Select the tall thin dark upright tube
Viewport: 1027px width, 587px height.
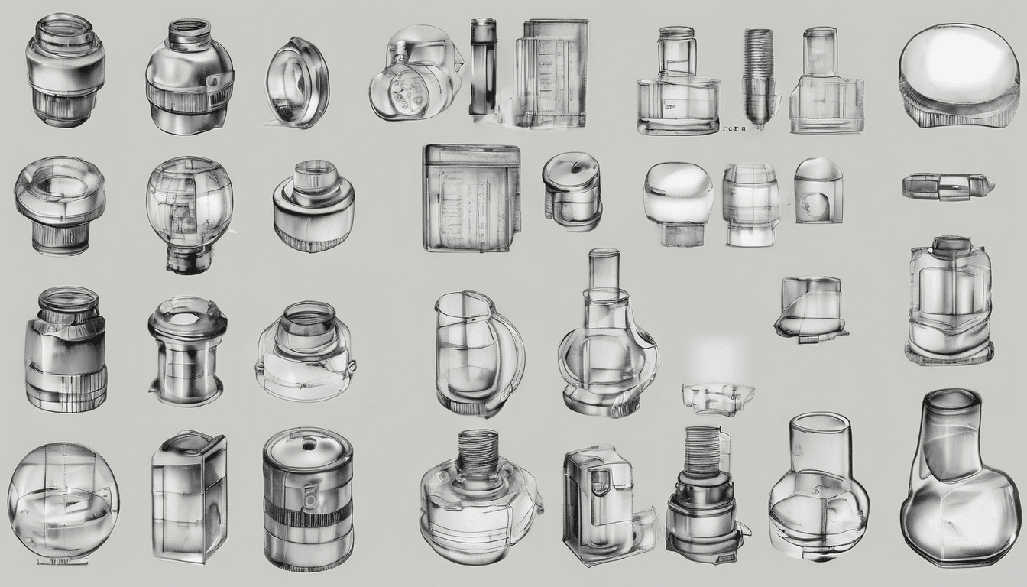(482, 66)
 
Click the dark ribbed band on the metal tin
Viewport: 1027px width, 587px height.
(307, 514)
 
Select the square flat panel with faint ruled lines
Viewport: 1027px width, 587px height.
(471, 197)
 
